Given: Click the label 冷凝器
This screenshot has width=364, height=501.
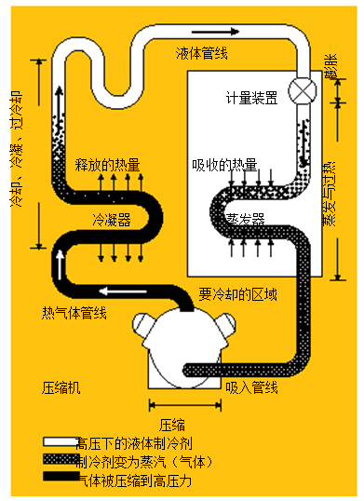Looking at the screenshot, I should click(x=111, y=220).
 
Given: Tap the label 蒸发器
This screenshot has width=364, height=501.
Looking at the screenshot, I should click(x=246, y=220).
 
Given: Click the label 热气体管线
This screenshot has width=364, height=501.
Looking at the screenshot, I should click(x=74, y=312).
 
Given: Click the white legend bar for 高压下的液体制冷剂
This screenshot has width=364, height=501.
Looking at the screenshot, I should click(x=59, y=443).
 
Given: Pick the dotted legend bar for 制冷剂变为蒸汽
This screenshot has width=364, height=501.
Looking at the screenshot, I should click(x=59, y=461).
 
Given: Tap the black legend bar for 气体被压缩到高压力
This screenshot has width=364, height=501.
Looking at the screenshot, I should click(x=59, y=479).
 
